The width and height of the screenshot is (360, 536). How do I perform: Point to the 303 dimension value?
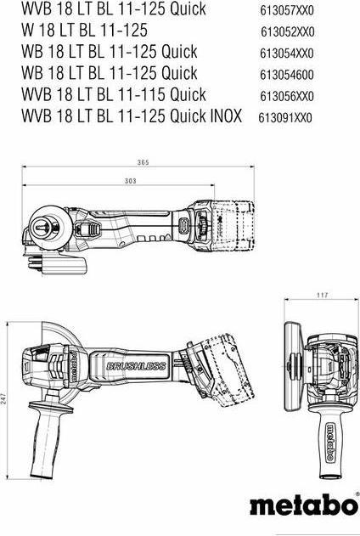pos(129,181)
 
